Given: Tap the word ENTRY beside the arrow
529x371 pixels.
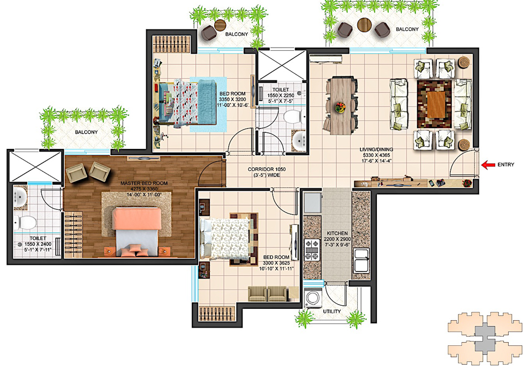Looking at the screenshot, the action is coord(506,164).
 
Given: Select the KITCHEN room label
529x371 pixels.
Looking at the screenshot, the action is coord(337,233).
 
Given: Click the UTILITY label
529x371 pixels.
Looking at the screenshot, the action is coord(332,311).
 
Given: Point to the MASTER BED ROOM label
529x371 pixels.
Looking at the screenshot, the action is coord(144,183).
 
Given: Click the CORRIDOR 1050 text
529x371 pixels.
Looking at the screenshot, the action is coord(267,169).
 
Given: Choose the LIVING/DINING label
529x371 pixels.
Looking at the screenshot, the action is coord(376,149).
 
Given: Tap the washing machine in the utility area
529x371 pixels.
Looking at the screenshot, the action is coord(312,298).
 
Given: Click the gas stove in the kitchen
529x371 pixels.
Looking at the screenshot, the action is coord(312,250).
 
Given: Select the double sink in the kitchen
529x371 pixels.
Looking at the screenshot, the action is coord(361,260).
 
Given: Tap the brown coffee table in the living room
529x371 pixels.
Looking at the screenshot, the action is coord(435,104).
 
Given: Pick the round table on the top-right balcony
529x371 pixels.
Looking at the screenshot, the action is coord(364,24).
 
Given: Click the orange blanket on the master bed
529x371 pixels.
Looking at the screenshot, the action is coord(137,218).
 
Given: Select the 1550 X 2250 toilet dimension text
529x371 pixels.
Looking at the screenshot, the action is coord(281,95).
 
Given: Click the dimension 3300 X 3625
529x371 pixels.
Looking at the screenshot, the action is coord(276,263).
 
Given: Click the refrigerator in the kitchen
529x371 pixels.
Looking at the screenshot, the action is coord(313,202).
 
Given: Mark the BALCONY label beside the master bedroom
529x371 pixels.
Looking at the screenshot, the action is coord(86,132).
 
